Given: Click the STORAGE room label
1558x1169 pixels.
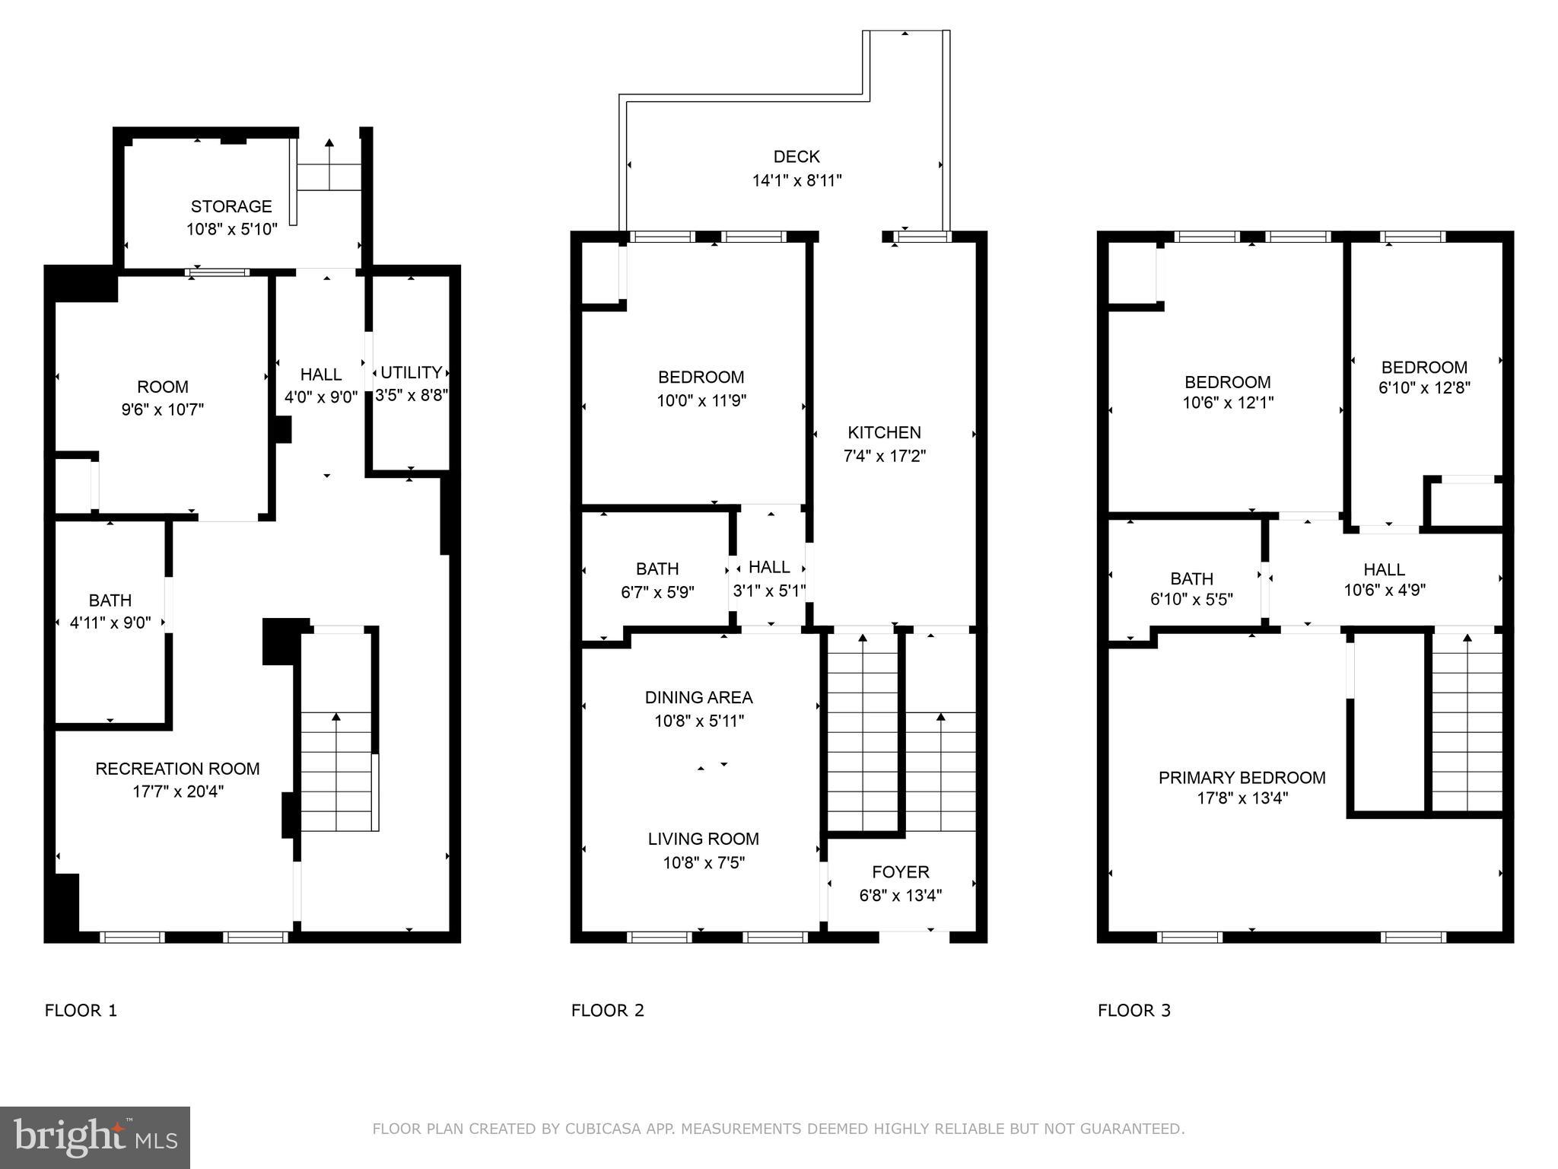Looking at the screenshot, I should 231,206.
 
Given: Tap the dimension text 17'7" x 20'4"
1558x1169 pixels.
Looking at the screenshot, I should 178,792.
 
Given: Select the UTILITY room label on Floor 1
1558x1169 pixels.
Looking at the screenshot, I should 411,372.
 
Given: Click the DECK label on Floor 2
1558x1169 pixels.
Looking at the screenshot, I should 796,157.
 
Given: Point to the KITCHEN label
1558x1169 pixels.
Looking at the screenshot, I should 884,432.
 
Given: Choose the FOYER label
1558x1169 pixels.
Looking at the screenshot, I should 901,872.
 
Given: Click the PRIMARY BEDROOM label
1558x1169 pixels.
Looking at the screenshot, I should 1242,778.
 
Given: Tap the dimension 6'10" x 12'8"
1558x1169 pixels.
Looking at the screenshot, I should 1424,387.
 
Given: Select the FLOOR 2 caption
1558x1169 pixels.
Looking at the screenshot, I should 607,1011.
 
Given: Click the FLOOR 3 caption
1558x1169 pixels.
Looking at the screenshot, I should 1134,1011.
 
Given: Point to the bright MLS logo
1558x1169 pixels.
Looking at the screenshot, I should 95,1137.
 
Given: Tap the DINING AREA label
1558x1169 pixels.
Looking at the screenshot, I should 698,697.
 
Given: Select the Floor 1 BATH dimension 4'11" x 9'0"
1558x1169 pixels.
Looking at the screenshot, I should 110,623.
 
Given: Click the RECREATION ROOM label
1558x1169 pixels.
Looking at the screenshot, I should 177,769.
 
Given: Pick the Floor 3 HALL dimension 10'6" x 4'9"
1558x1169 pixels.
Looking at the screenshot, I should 1384,590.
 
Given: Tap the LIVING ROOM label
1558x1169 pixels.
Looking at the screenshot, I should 703,839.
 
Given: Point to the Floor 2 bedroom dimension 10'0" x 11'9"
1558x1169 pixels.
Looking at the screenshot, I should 701,400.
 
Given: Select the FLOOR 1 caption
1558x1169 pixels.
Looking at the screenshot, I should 81,1011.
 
